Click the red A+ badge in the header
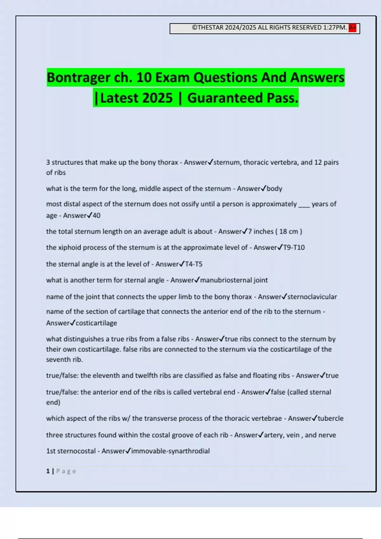coord(352,28)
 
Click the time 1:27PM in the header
coord(334,28)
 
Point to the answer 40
coord(97,216)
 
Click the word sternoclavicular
coord(312,297)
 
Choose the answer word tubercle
coord(331,419)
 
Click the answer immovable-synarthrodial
coord(170,451)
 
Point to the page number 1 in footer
coord(48,471)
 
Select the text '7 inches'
coord(260,232)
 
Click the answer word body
coord(274,189)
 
